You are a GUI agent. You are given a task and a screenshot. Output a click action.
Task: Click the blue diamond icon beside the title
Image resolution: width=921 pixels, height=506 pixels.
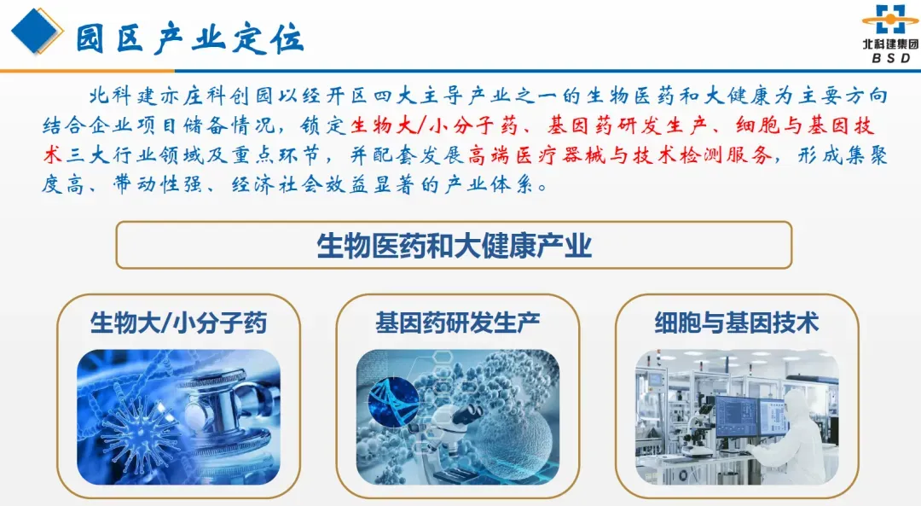37,31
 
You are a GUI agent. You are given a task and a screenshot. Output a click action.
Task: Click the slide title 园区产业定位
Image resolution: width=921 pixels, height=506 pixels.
190,39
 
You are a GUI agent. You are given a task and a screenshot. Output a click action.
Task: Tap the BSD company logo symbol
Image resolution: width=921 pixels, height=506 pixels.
889,20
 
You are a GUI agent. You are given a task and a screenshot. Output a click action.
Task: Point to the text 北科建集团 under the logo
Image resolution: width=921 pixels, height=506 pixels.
890,44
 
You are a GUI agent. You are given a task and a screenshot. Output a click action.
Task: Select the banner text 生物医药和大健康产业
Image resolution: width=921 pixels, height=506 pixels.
454,246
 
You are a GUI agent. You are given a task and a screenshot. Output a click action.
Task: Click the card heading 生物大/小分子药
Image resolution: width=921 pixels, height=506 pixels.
178,323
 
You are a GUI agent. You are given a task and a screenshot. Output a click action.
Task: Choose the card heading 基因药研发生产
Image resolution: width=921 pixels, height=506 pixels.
458,323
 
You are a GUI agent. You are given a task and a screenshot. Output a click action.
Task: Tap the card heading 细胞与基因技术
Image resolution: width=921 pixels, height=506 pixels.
737,323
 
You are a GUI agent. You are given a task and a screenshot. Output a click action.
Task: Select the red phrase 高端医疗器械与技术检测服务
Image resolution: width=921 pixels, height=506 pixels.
620,155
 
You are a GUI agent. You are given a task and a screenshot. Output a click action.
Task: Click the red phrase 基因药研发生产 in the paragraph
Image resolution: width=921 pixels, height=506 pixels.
625,125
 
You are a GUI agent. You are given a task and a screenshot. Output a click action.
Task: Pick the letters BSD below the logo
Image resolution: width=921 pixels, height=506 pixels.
891,58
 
